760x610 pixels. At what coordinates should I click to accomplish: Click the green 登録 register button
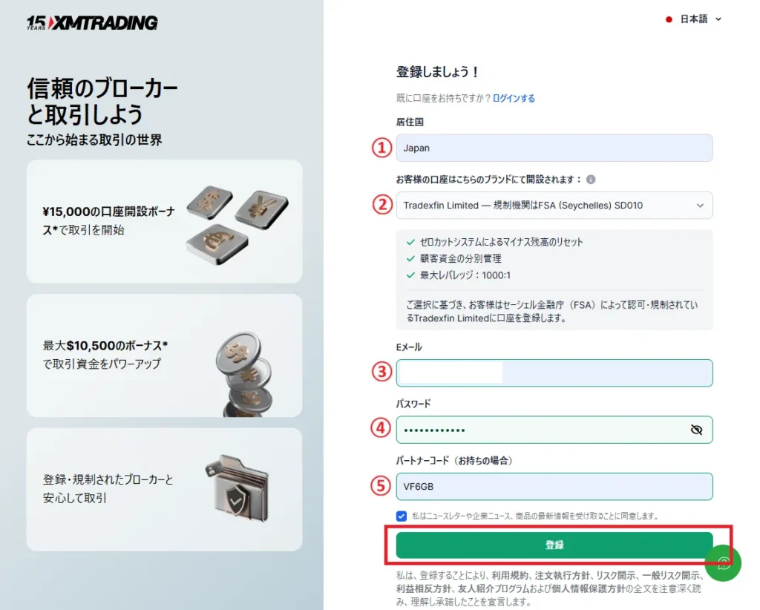(554, 545)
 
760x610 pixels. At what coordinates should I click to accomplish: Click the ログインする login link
(514, 98)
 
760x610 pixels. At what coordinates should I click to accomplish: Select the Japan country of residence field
(554, 148)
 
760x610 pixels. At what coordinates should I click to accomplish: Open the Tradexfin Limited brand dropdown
(554, 206)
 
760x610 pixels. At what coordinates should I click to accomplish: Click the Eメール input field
(554, 373)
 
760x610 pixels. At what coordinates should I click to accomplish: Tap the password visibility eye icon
(695, 430)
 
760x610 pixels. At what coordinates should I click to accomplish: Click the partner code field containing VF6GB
(554, 487)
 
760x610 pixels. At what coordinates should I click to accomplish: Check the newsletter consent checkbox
(402, 516)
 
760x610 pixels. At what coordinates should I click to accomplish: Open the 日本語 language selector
(693, 19)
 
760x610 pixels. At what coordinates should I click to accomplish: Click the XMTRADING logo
(92, 23)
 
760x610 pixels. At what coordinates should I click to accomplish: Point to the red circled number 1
(381, 148)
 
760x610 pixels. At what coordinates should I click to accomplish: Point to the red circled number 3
(381, 372)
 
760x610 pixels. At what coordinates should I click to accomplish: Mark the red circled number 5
(381, 486)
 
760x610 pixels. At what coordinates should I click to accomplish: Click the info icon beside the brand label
(591, 180)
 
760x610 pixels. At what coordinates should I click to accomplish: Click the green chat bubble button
(723, 563)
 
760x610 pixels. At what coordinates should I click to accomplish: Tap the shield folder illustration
(237, 490)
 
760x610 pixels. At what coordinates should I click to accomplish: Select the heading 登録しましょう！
(438, 72)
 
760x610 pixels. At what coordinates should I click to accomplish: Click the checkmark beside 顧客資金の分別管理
(410, 258)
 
